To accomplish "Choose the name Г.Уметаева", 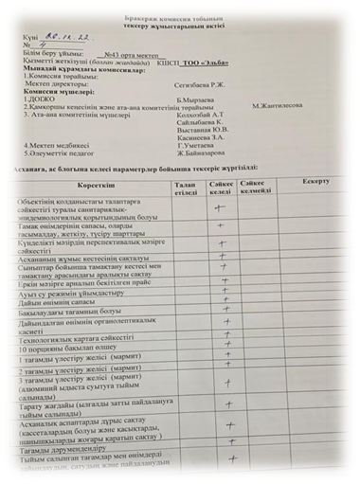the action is click(x=198, y=146).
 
